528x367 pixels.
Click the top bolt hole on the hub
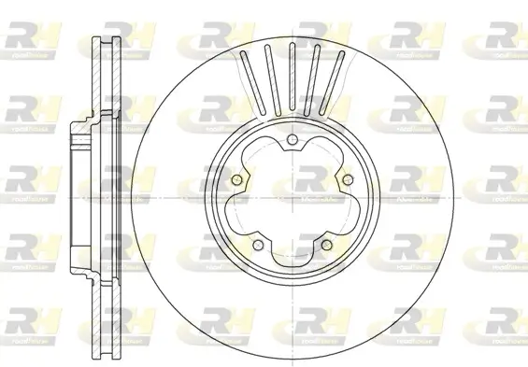[x=293, y=141]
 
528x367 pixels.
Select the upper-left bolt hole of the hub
[x=238, y=180]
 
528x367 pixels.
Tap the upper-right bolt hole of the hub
[x=345, y=180]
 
